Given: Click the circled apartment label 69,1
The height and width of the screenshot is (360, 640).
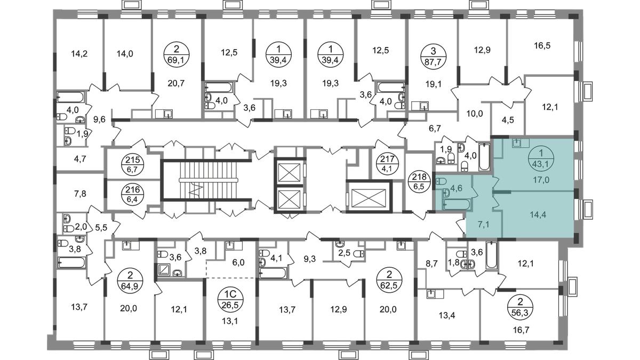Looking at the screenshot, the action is pos(177,54).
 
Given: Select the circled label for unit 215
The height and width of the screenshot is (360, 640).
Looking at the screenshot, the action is pos(133,165).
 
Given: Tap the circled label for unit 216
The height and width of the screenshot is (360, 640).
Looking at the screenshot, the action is pos(133,194).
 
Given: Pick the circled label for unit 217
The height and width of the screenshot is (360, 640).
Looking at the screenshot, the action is pos(387,163).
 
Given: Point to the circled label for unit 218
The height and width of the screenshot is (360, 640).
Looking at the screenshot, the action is pos(419,182).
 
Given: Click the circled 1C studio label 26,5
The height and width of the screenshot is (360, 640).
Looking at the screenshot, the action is pos(230,301).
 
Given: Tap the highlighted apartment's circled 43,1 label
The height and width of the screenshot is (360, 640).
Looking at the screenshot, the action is pos(541,159).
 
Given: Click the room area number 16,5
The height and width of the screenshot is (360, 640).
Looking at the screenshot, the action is pos(542,46).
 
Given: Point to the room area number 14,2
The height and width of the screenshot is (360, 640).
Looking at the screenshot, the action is pos(79,53).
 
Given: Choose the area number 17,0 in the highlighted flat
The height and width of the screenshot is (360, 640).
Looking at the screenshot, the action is pos(541,180).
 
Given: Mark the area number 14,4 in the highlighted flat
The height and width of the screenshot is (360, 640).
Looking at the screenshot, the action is pos(538,214).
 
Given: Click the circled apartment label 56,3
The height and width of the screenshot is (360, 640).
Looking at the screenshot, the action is pos(520,307).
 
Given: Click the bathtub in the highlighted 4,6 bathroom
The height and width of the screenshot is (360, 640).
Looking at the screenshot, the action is pos(456,205).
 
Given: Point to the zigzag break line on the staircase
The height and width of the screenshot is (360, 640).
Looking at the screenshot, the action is pos(197,189).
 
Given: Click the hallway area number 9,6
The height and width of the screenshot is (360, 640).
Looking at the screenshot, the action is pos(99,119).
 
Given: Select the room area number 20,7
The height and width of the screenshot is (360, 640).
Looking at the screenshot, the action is pos(177,83).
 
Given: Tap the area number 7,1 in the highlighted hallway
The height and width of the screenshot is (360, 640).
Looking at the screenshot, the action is pos(483,225).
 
